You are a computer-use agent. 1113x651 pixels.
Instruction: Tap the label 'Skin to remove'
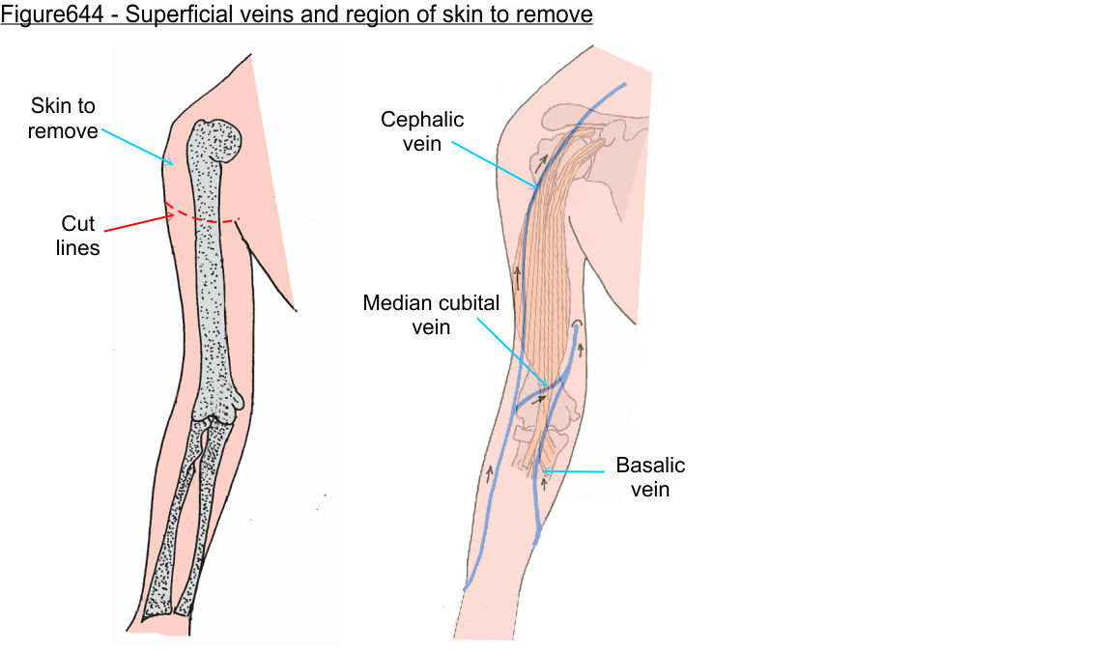click(63, 118)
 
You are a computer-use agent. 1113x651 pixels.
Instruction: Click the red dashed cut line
click(203, 219)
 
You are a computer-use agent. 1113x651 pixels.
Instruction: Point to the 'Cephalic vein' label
click(422, 131)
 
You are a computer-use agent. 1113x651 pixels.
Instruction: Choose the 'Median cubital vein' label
click(431, 315)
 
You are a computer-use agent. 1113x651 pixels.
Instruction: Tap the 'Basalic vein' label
click(650, 477)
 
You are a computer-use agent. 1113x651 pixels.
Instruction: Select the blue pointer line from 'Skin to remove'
click(136, 146)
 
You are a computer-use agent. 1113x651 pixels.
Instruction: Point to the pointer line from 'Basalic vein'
click(580, 471)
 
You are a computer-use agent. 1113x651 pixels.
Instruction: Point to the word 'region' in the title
click(338, 15)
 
